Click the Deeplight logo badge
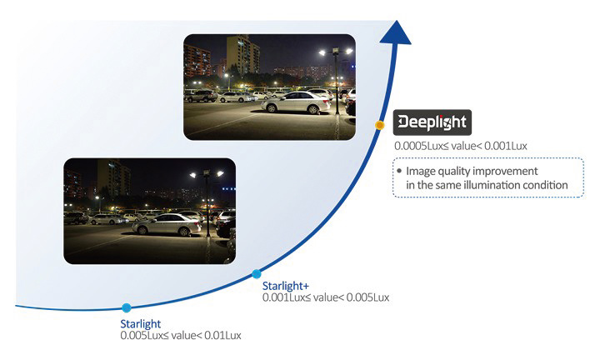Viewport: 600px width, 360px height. coord(432,122)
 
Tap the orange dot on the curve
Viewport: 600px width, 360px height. coord(380,125)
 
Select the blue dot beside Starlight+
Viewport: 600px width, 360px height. coord(257,274)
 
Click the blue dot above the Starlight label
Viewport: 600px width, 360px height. coord(127,307)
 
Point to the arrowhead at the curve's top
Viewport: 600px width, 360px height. coord(396,32)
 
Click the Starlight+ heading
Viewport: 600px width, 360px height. coord(286,286)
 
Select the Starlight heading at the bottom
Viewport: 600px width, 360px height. coord(141,324)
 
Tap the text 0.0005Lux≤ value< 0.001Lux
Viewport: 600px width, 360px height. coord(461,146)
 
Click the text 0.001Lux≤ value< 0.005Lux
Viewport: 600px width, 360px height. coord(326,297)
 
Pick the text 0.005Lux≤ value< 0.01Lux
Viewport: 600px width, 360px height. coord(181,336)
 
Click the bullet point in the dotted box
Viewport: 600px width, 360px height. coord(399,171)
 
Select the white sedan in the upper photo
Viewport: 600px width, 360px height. coord(296,102)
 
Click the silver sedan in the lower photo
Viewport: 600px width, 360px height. coord(167,224)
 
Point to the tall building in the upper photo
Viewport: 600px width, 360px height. coord(242,55)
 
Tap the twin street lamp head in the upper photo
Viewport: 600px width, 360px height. coord(336,51)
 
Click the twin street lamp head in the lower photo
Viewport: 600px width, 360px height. coord(207,174)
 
